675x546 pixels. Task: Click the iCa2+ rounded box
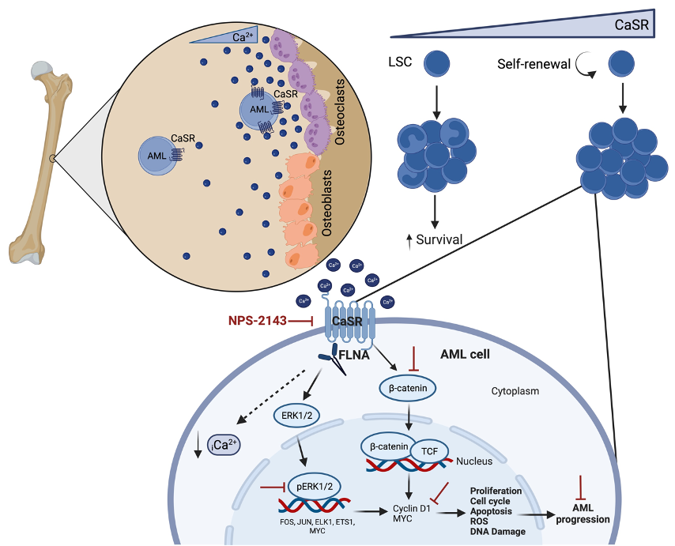(223, 447)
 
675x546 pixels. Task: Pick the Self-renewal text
(534, 62)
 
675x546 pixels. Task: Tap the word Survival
(439, 239)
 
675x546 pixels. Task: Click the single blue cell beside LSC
(437, 64)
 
